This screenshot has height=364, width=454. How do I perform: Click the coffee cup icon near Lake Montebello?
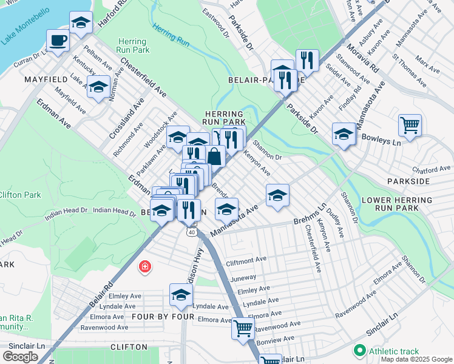pos(58,41)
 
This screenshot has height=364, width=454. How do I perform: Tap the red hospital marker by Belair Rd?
pos(144,266)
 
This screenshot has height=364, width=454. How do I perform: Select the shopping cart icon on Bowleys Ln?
pos(410,126)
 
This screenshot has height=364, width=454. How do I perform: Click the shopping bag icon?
pos(215,156)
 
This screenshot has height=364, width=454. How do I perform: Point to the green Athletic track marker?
pos(359,351)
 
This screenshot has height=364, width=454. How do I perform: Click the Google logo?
pos(20,357)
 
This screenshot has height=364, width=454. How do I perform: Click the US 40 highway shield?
pos(192,232)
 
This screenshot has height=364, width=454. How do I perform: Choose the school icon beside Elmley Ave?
pos(180,295)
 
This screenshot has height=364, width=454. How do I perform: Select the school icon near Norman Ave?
pos(98,87)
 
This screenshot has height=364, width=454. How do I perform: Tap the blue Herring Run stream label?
pos(172,35)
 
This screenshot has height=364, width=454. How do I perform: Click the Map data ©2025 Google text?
pos(416,359)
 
